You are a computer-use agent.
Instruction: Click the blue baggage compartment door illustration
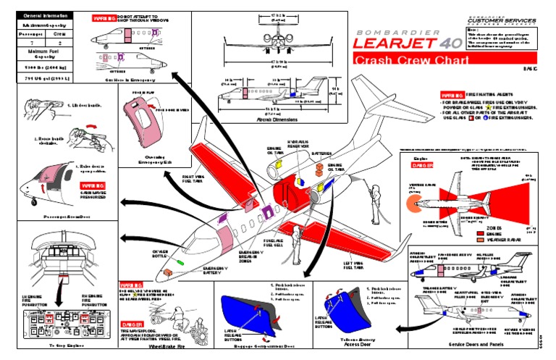240,314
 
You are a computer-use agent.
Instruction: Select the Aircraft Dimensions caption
273,119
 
